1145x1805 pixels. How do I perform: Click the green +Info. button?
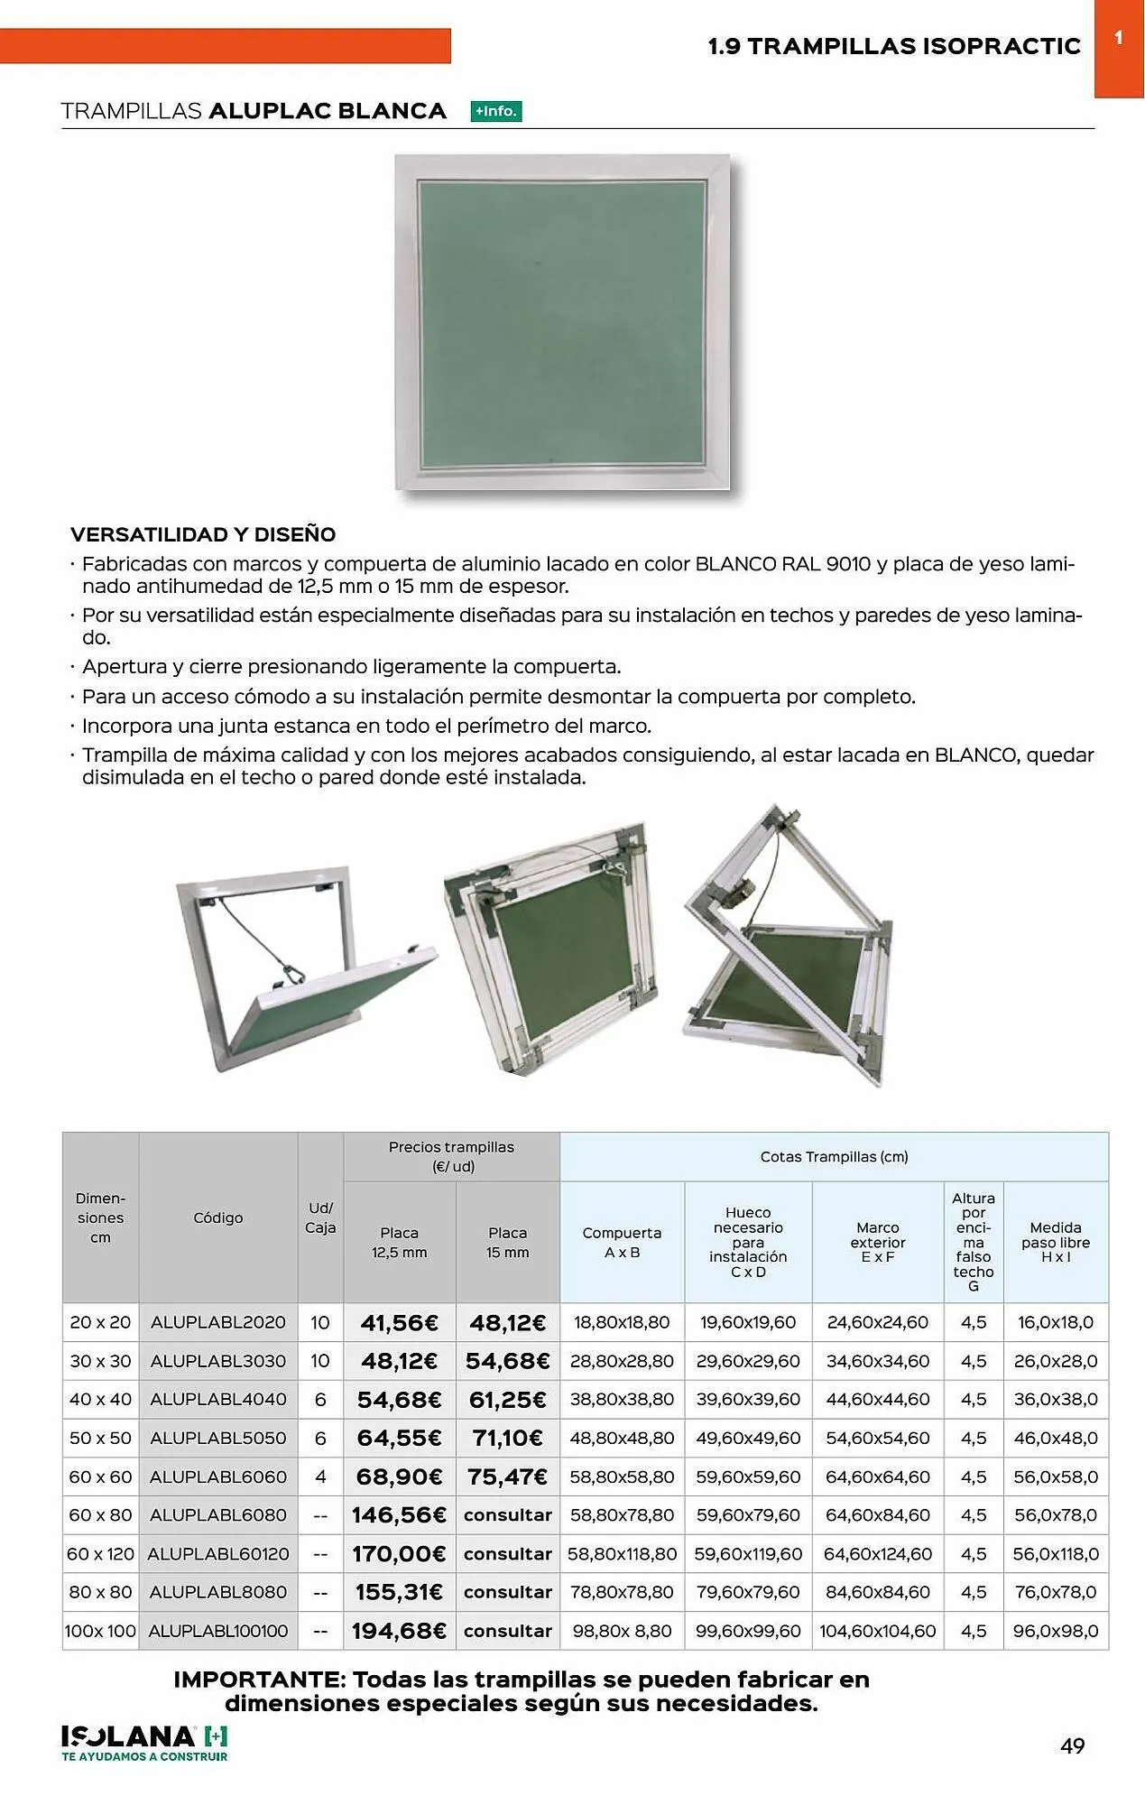point(496,112)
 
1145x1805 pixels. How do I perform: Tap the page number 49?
point(1072,1746)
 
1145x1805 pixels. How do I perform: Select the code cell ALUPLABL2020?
point(217,1322)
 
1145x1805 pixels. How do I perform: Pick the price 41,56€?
point(399,1323)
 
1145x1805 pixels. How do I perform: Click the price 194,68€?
point(399,1631)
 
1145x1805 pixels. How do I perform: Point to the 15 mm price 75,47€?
point(507,1476)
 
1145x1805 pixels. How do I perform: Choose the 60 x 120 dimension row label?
point(100,1554)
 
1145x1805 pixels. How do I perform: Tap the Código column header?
point(217,1217)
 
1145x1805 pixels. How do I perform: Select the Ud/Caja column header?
point(320,1217)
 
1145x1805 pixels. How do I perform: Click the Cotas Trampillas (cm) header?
point(834,1156)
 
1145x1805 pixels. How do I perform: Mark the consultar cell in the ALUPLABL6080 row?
point(507,1515)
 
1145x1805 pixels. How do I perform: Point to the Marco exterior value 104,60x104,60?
point(877,1631)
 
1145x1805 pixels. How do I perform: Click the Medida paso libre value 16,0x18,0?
point(1055,1322)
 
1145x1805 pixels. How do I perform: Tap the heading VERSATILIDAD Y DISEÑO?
point(203,534)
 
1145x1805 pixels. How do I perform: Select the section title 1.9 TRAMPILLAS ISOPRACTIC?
point(893,46)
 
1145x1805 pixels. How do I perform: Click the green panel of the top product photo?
point(561,323)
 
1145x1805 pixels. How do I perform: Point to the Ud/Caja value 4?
point(320,1476)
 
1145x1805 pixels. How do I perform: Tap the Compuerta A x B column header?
point(622,1242)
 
